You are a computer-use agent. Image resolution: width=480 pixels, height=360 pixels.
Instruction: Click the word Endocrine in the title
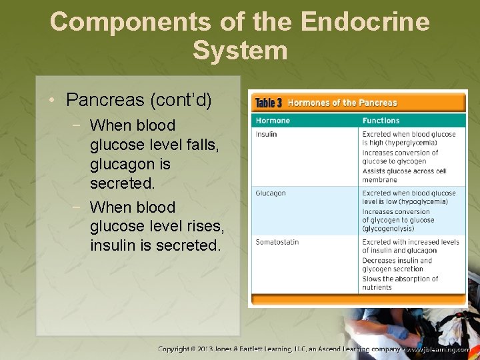click(365, 22)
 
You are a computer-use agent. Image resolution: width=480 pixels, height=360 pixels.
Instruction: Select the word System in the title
click(240, 51)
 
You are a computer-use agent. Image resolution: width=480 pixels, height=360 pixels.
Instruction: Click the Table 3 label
click(269, 103)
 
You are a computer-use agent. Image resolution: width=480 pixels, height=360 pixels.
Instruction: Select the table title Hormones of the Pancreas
click(342, 103)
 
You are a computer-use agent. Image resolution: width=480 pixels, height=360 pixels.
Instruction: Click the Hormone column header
click(273, 121)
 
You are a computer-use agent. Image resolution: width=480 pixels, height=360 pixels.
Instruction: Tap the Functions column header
click(381, 121)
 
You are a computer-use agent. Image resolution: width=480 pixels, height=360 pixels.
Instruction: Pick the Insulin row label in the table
click(266, 134)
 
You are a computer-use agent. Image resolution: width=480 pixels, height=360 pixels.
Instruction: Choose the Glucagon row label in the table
click(271, 193)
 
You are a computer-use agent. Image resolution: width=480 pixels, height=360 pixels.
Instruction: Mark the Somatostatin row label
click(277, 242)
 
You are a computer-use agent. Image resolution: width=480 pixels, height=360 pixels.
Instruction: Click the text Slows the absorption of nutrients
click(400, 283)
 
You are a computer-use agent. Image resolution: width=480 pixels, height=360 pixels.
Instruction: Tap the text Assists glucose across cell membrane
click(404, 175)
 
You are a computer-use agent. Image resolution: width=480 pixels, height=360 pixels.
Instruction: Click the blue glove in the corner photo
click(398, 331)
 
